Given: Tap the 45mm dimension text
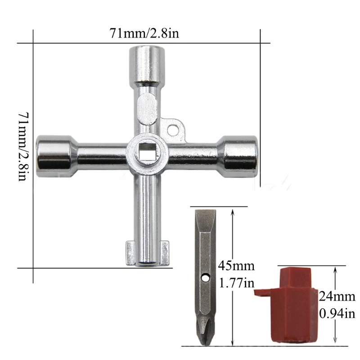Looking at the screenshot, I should coord(236,266).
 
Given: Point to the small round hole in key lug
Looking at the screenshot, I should coord(173,130).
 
